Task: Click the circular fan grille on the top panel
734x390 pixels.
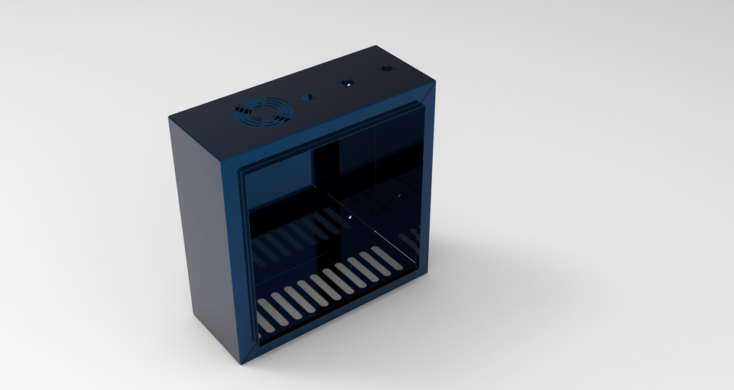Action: (x=262, y=113)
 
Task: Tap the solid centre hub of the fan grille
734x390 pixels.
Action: (x=262, y=113)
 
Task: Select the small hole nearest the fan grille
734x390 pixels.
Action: (x=307, y=98)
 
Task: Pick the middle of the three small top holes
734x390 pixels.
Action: (x=347, y=82)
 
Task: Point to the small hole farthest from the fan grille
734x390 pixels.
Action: (x=386, y=68)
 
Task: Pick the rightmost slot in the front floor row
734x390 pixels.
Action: (x=386, y=258)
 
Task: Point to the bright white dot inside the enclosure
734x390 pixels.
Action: (x=350, y=216)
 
